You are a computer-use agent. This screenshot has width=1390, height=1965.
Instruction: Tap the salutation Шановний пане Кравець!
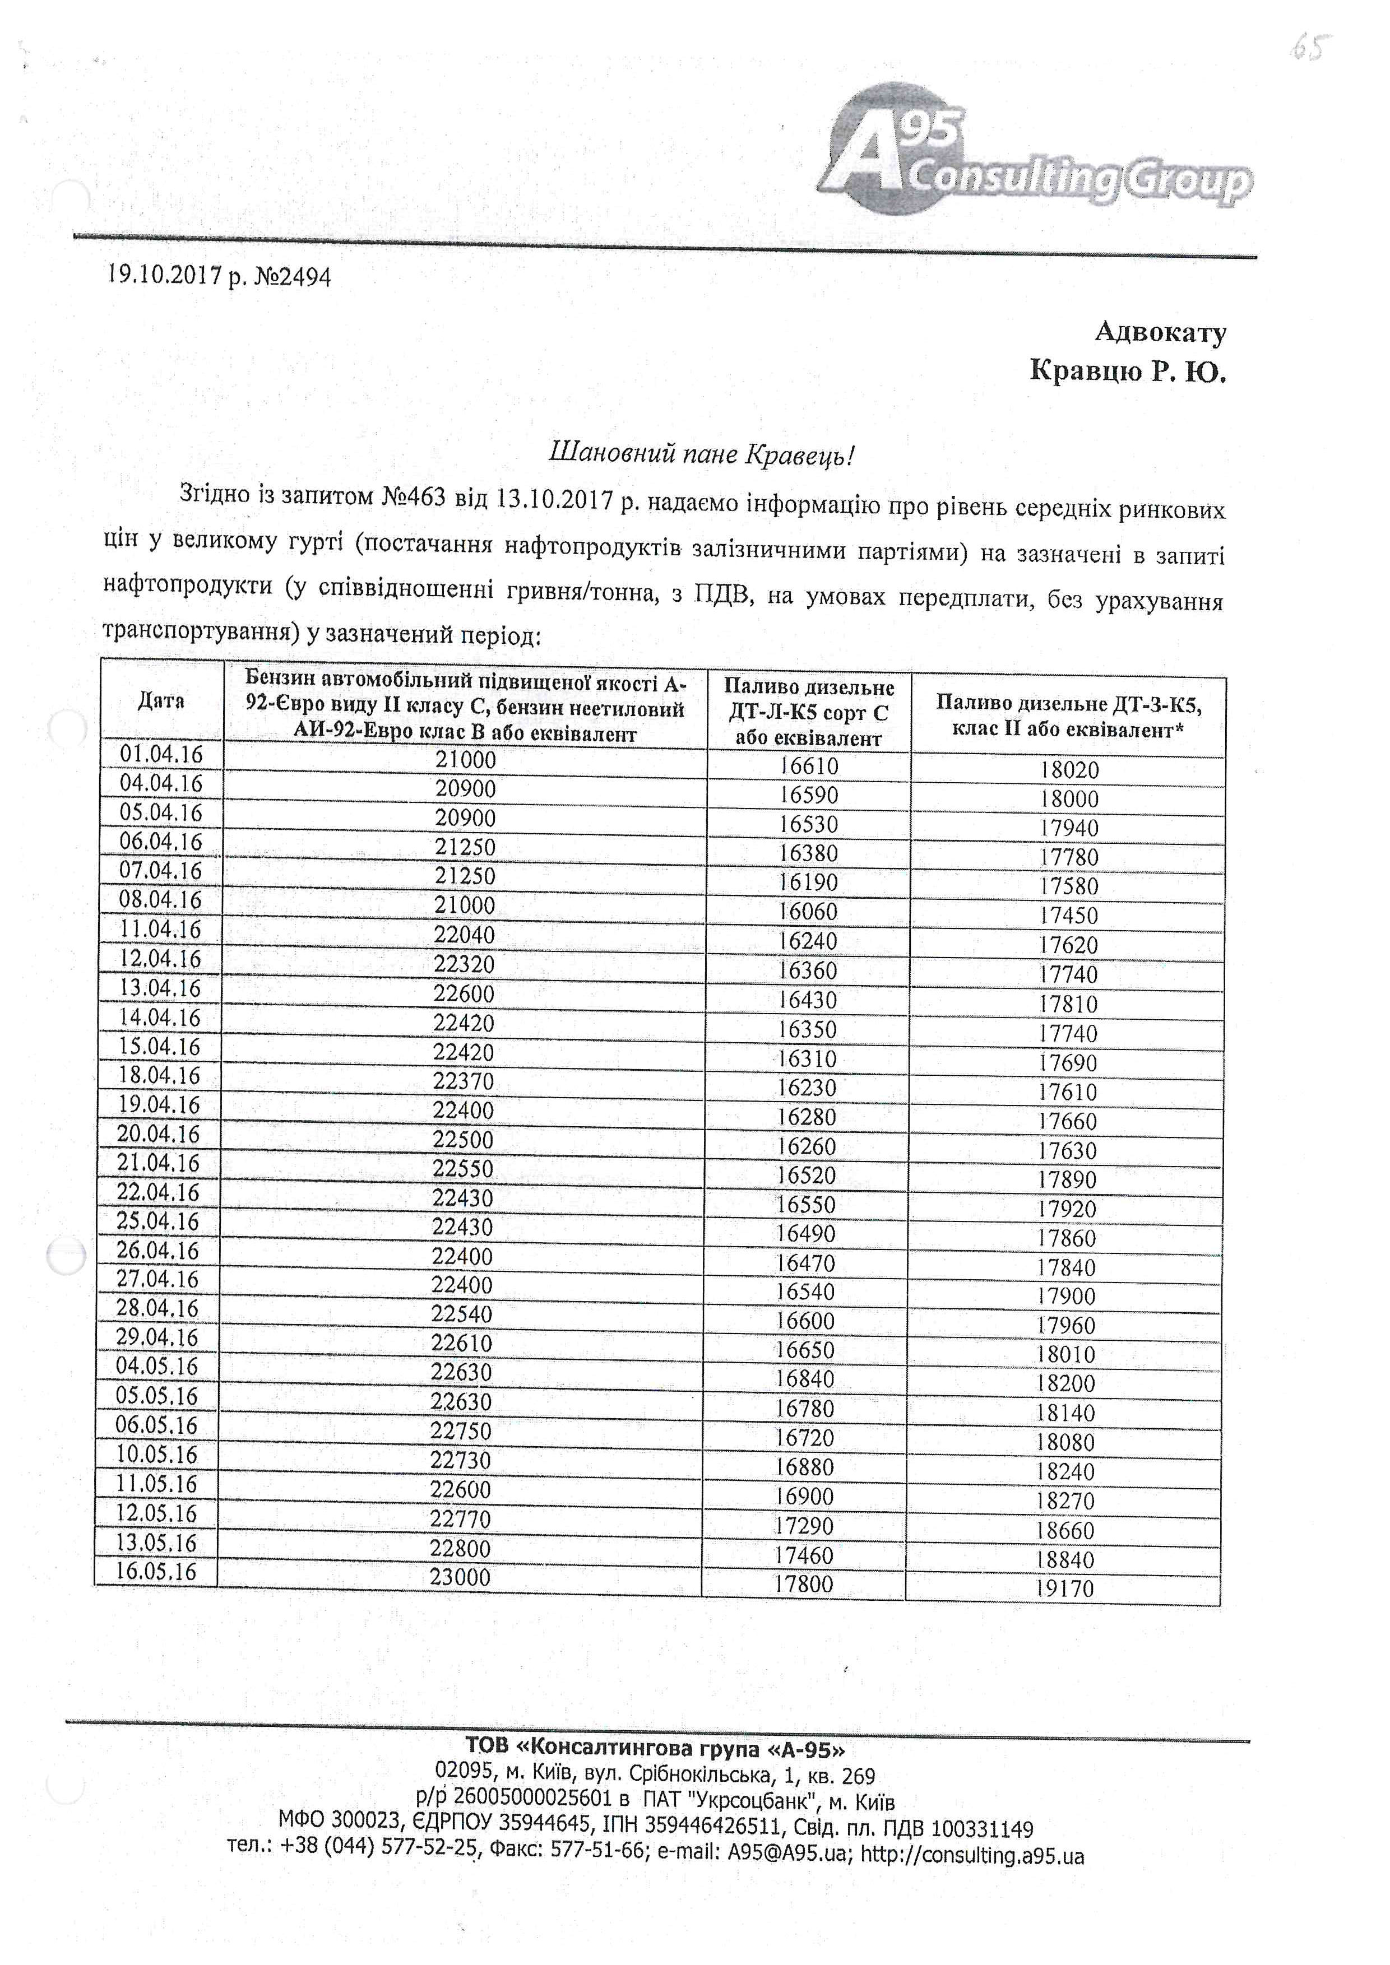click(x=701, y=454)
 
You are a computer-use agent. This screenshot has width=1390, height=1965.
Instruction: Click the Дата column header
click(x=161, y=701)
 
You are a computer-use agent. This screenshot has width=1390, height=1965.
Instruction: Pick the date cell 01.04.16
click(x=161, y=755)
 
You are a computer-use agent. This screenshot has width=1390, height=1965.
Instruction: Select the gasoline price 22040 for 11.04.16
click(x=464, y=935)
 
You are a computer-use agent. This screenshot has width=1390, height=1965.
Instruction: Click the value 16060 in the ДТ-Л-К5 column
click(x=808, y=912)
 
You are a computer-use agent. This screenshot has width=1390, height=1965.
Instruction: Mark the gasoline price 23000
click(x=461, y=1577)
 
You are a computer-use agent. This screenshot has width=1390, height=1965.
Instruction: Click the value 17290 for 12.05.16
click(x=804, y=1525)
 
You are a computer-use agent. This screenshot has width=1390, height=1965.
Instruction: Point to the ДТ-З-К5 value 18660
click(x=1065, y=1530)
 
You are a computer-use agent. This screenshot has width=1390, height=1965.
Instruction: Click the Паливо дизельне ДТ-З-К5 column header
click(x=1068, y=716)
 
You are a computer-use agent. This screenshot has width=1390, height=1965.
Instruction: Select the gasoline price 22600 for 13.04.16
click(x=464, y=993)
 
